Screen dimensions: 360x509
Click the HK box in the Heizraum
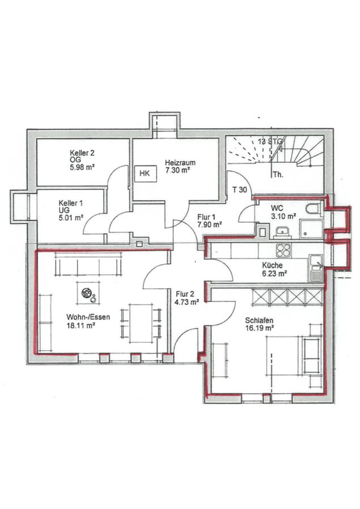click(x=146, y=174)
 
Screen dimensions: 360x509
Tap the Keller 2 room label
click(x=82, y=153)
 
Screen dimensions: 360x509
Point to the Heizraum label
click(x=180, y=163)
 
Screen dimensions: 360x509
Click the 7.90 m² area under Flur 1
click(x=209, y=224)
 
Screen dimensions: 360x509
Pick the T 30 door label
click(x=240, y=190)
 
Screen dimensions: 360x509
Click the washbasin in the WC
click(x=283, y=231)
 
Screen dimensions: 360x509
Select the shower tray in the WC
click(x=311, y=229)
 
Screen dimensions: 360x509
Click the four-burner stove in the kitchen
click(x=284, y=251)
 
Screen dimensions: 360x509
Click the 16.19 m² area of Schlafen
click(x=259, y=328)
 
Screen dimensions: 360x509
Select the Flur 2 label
click(x=185, y=294)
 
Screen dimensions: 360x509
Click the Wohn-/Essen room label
click(x=88, y=317)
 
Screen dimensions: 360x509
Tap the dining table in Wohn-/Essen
click(x=141, y=323)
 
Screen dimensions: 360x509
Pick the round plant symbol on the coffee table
click(x=87, y=294)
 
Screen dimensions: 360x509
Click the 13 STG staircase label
click(x=271, y=141)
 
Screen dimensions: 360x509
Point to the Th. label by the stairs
click(x=277, y=174)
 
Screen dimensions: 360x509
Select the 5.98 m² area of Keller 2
click(x=82, y=167)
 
